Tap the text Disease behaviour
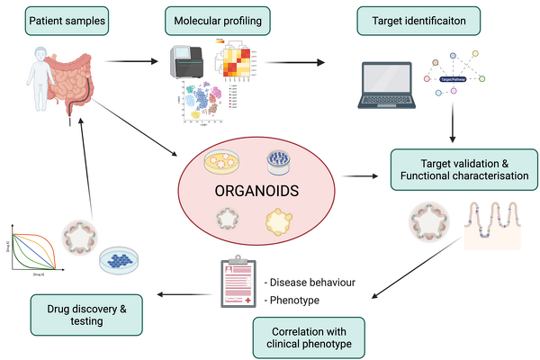[x=306, y=283]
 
